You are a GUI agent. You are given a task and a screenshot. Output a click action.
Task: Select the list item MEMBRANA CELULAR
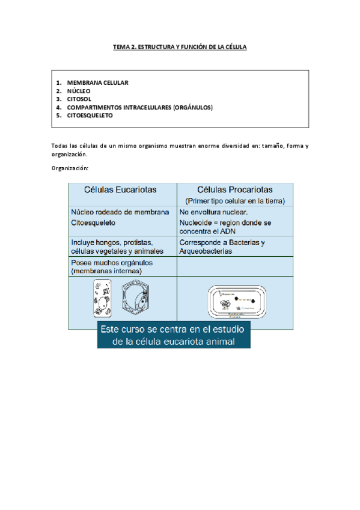(97, 82)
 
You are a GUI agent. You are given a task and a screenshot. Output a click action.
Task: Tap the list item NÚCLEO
(79, 91)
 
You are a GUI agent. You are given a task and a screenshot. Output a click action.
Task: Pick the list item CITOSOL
(79, 99)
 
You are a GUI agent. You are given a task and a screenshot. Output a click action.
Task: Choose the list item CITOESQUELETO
(90, 115)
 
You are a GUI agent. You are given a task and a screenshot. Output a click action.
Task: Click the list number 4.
(59, 107)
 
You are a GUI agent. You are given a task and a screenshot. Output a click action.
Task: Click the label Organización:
(70, 168)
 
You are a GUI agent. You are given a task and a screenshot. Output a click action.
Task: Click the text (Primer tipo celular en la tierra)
(235, 200)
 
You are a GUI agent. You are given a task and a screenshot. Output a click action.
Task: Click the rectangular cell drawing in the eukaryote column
(102, 298)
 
